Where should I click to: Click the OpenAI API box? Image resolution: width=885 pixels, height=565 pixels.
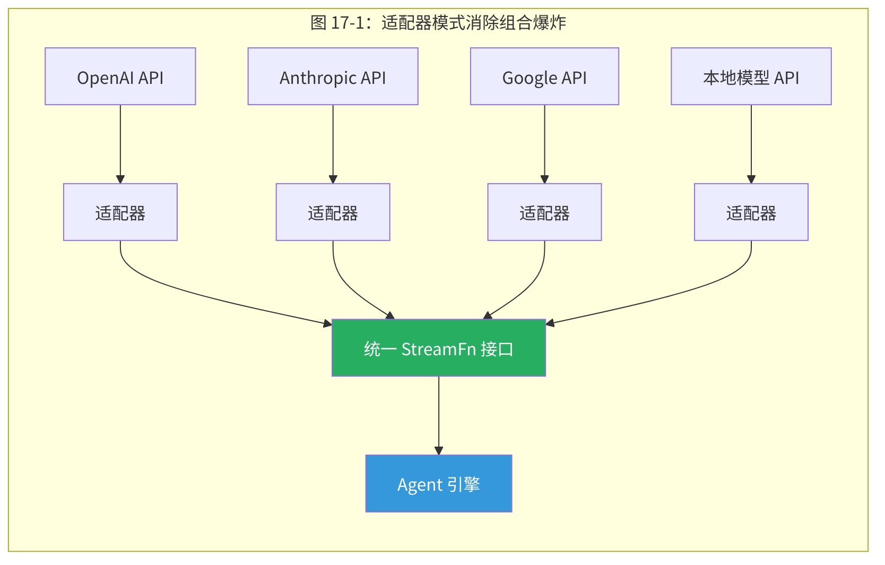click(x=120, y=76)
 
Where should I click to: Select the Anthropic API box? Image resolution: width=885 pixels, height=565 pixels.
click(x=333, y=76)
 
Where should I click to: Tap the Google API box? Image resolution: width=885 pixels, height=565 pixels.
click(x=544, y=76)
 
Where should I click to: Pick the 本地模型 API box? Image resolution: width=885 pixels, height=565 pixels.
click(x=751, y=76)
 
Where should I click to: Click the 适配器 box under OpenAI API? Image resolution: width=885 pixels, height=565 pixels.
click(x=120, y=212)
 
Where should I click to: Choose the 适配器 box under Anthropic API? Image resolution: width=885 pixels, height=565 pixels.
click(x=333, y=212)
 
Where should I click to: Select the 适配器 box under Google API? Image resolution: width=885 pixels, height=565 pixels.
click(x=544, y=212)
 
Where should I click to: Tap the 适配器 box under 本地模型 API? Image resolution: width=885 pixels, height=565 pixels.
click(x=751, y=212)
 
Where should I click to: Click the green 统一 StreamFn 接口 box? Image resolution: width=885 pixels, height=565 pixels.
click(x=439, y=348)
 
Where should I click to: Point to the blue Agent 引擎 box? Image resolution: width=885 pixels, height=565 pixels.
click(x=439, y=484)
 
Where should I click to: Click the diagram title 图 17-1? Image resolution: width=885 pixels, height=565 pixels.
click(x=438, y=23)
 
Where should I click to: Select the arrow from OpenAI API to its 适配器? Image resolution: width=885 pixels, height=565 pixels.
click(x=120, y=143)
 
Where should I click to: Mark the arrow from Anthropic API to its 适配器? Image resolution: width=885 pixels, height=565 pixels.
click(x=333, y=143)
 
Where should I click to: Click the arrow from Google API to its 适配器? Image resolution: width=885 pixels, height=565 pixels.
click(x=544, y=143)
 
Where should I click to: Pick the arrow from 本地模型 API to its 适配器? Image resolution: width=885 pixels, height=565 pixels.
click(x=751, y=143)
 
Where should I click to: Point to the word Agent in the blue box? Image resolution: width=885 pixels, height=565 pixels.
click(x=420, y=485)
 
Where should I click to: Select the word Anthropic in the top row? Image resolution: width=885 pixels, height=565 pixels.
click(x=317, y=78)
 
